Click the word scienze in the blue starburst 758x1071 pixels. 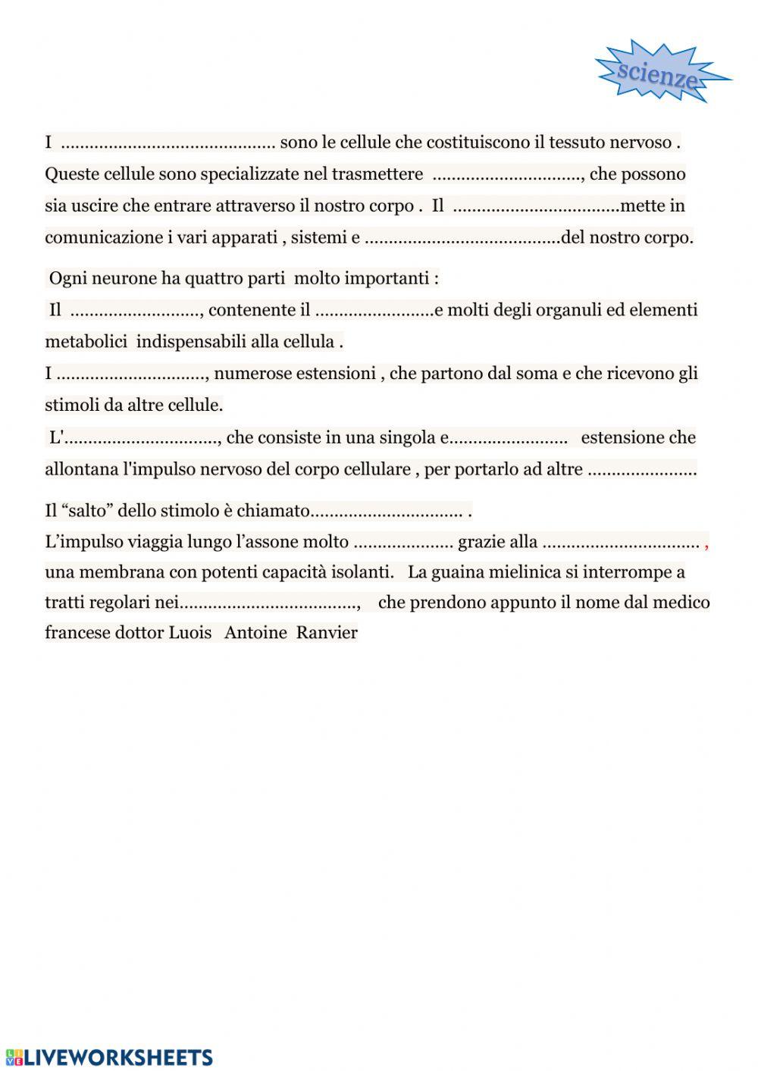click(x=657, y=74)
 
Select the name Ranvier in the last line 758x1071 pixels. click(x=327, y=633)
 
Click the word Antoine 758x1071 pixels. click(x=255, y=633)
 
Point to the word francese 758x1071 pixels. click(x=77, y=633)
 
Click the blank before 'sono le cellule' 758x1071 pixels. click(x=168, y=142)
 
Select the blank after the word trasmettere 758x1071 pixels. click(x=506, y=174)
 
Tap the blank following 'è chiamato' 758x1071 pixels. click(x=387, y=511)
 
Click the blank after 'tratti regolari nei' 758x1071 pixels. click(x=268, y=603)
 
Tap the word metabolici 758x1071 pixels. click(x=86, y=342)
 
